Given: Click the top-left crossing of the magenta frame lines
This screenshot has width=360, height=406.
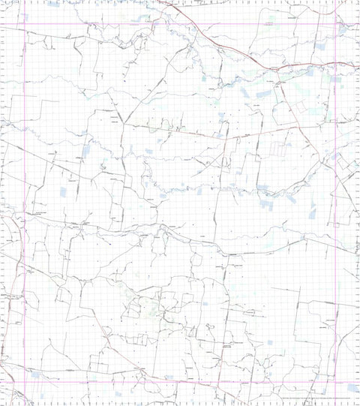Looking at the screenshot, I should point(25,25).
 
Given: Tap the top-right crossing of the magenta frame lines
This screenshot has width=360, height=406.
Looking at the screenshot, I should point(335,25).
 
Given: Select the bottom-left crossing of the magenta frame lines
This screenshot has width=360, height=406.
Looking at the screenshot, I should point(25,382).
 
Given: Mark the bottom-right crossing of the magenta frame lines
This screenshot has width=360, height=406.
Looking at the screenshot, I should point(335,382).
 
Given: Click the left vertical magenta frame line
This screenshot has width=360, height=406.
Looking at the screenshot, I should point(25,203).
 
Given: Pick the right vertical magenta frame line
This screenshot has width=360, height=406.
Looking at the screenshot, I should point(335,203).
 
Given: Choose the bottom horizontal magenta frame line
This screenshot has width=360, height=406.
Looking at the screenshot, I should point(180,382).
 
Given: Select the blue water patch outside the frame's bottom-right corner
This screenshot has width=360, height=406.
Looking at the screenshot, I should point(352,387).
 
